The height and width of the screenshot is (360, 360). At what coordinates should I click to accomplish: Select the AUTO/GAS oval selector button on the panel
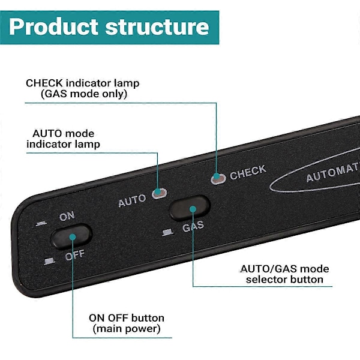[x=190, y=208]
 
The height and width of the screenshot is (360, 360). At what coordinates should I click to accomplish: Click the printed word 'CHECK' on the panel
[x=248, y=172]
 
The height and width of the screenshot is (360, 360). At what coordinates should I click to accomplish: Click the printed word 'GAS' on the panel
[x=193, y=227]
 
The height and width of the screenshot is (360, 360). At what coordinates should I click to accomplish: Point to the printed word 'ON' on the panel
[x=67, y=216]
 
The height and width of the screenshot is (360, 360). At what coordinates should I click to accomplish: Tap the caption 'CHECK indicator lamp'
[x=82, y=83]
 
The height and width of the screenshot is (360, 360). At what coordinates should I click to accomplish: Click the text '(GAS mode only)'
[x=83, y=94]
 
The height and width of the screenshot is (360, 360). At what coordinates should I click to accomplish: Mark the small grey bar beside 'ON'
[x=40, y=224]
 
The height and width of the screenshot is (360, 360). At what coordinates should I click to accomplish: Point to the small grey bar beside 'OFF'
[x=49, y=260]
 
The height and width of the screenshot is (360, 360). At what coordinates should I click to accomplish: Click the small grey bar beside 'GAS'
[x=168, y=232]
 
